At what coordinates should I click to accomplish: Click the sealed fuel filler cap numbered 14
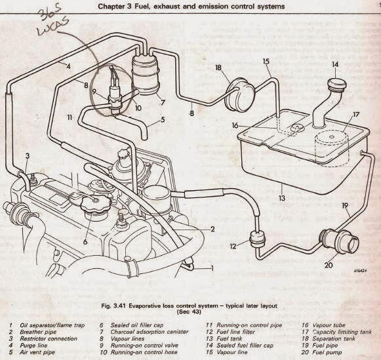335,86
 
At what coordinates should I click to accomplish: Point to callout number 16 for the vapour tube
234,124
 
